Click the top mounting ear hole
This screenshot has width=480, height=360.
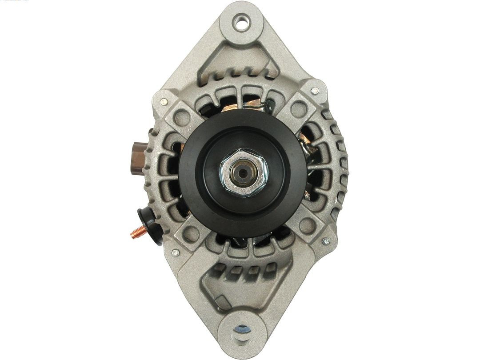pos(242,23)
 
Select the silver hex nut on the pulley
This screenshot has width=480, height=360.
pos(243,173)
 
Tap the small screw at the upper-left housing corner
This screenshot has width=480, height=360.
pos(164,102)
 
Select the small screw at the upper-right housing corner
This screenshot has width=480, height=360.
pos(316,91)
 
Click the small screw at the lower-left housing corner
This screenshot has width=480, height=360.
pos(175,253)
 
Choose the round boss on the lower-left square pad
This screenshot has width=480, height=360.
pos(190,231)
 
